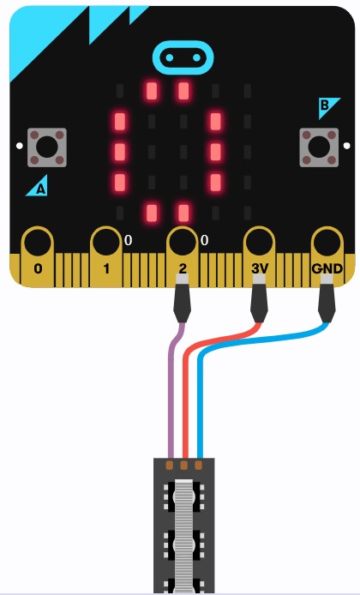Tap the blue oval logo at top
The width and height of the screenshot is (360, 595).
(183, 57)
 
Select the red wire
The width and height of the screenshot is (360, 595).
(185, 380)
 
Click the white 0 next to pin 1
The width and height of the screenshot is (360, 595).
(129, 240)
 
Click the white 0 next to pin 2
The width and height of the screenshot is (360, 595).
(205, 240)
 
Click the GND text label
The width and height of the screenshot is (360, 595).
(327, 268)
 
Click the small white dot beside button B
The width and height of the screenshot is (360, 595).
(346, 146)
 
